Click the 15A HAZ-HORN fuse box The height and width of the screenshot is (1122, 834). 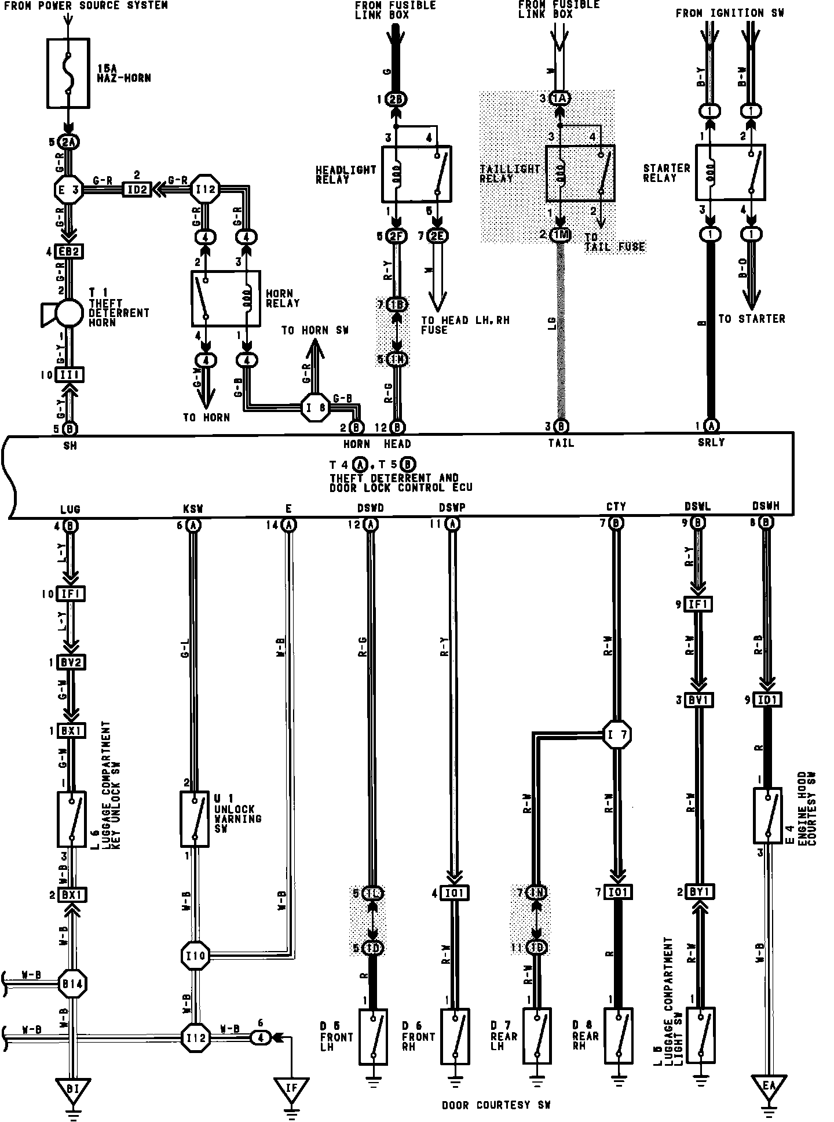click(68, 73)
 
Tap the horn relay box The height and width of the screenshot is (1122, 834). click(225, 298)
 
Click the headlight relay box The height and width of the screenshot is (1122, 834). click(416, 173)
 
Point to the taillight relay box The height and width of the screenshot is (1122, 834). click(580, 173)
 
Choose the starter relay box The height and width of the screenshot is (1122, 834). click(730, 173)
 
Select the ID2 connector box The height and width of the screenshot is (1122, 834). click(137, 190)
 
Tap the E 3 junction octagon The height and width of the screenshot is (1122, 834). click(69, 190)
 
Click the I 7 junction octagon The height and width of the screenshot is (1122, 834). click(617, 735)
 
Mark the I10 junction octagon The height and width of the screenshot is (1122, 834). click(196, 954)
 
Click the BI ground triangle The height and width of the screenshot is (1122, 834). click(72, 1090)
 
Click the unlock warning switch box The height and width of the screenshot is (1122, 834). click(194, 819)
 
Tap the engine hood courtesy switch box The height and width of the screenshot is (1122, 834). click(768, 815)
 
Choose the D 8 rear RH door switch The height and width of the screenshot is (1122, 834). click(618, 1036)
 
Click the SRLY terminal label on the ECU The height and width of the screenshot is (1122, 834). click(711, 443)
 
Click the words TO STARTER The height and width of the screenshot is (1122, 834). click(751, 319)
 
